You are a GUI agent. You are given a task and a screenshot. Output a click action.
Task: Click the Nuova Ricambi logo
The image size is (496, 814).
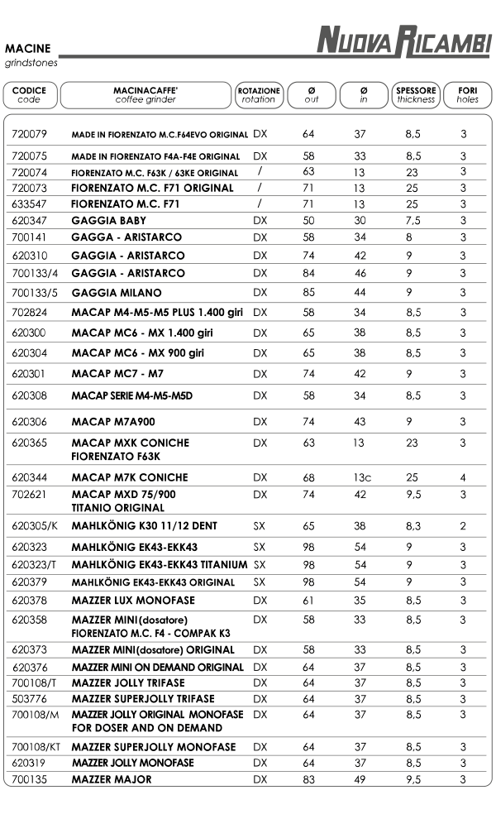coord(404,41)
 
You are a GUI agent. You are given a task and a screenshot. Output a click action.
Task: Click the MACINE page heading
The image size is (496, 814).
coord(27,49)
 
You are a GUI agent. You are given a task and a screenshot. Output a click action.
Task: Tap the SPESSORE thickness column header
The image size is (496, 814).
coord(415,94)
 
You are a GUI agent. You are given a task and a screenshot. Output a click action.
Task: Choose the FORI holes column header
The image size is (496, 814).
coord(467,94)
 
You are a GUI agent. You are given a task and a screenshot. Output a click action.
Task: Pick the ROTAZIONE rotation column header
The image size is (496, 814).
coord(258,94)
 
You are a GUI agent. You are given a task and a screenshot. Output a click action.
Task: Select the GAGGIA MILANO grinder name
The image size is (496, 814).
coord(117,293)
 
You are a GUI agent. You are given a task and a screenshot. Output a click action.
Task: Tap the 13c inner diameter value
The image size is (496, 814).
coord(361,477)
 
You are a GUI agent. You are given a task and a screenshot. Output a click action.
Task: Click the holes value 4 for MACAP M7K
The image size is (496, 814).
coord(464,477)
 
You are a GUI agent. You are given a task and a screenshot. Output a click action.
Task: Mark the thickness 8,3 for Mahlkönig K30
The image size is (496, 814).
coord(413,526)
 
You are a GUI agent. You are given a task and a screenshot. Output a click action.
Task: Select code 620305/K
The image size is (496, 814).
coord(36,526)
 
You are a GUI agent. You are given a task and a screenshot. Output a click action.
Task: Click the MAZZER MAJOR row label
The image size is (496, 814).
coord(112,779)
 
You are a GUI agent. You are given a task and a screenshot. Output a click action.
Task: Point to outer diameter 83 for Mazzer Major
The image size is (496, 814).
coord(308,779)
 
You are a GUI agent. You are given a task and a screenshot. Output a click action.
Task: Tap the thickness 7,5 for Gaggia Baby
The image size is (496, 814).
coord(413,221)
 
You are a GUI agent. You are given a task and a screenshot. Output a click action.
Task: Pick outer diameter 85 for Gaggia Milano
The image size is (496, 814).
coord(308,293)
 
